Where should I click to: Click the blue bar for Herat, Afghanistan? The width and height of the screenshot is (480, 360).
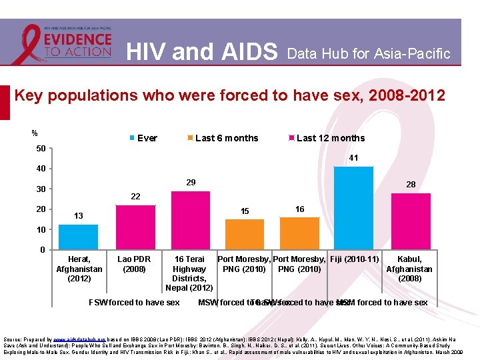[x=78, y=237]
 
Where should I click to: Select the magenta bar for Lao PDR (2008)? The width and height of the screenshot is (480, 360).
[x=135, y=227]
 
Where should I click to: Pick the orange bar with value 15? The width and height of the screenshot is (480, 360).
[x=245, y=234]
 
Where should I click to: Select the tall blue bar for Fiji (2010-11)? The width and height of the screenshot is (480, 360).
[x=353, y=208]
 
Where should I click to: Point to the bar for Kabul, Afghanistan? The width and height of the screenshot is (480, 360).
[x=410, y=221]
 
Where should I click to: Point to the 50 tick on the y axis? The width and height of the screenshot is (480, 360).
[x=41, y=147]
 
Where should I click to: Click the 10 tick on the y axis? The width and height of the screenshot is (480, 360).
[x=41, y=229]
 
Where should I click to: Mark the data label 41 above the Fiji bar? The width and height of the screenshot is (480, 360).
[x=353, y=158]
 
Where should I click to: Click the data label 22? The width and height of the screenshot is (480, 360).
[x=135, y=196]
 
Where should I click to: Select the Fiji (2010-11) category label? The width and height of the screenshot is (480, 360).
[x=355, y=259]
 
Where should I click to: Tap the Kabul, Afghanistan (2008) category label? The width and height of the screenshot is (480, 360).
[x=409, y=269]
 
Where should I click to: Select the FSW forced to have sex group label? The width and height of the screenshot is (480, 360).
[x=134, y=303]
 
